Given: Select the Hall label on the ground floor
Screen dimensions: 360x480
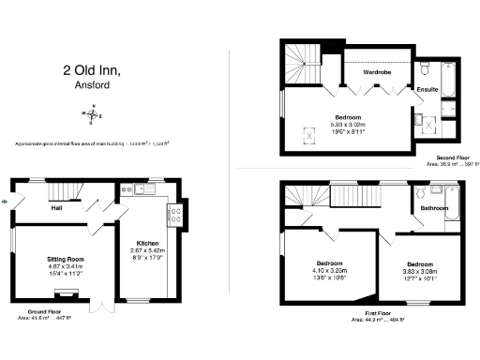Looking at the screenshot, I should point(56,208).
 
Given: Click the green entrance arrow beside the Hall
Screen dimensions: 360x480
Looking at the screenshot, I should point(7,199).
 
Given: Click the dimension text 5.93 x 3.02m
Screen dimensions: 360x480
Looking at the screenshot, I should point(349,125).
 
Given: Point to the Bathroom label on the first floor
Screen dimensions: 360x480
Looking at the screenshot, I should point(433,208).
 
